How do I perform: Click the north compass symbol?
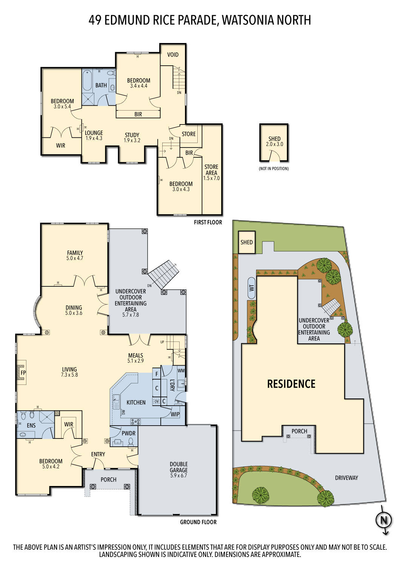pos(383,521)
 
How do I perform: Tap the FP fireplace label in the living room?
pos(23,373)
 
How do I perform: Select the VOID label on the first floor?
pos(173,55)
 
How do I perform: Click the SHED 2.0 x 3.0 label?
pos(274,141)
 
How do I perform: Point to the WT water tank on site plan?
pos(252,288)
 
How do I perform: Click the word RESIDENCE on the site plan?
pos(291,384)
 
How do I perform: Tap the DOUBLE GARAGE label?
pos(178,469)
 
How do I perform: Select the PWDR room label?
pos(128,433)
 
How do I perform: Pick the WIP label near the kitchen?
pos(175,414)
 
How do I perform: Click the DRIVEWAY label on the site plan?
pos(346,478)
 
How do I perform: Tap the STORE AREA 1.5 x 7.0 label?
pos(211,172)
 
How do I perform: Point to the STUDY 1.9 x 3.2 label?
pos(132,137)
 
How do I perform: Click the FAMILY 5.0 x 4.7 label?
pos(75,255)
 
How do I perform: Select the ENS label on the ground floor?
pos(31,426)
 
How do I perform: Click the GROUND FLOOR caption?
pos(198,522)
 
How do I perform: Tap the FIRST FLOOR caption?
pos(208,223)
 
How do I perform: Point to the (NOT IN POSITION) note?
pos(274,169)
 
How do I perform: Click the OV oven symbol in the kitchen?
pos(156,401)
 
